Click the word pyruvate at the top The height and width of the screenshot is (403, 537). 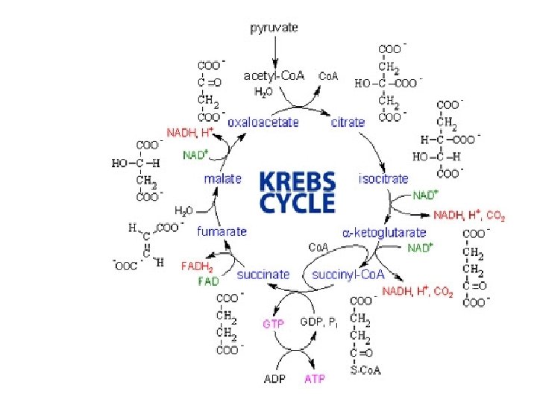pyautogui.click(x=273, y=28)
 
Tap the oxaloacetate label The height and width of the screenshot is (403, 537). pyautogui.click(x=264, y=122)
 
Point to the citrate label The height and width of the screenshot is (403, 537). pyautogui.click(x=348, y=122)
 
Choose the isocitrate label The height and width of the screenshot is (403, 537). pyautogui.click(x=384, y=178)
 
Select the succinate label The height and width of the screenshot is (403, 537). pyautogui.click(x=263, y=275)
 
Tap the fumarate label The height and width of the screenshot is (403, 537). pyautogui.click(x=221, y=231)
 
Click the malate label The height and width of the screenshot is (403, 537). pyautogui.click(x=223, y=178)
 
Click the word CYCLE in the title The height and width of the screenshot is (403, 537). pyautogui.click(x=297, y=201)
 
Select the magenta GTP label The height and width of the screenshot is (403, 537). pyautogui.click(x=272, y=324)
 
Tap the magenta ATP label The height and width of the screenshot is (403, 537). pyautogui.click(x=315, y=378)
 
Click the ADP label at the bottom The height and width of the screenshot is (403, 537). pyautogui.click(x=274, y=378)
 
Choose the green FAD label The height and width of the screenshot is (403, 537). pyautogui.click(x=208, y=281)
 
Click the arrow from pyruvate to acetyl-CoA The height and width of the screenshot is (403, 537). pyautogui.click(x=274, y=51)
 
